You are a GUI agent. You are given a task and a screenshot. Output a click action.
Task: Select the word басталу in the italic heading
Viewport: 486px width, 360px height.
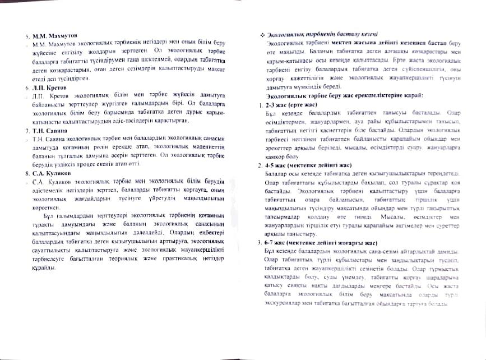(340, 35)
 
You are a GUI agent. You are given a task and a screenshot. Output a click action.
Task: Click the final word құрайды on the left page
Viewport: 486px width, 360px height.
(43, 267)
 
